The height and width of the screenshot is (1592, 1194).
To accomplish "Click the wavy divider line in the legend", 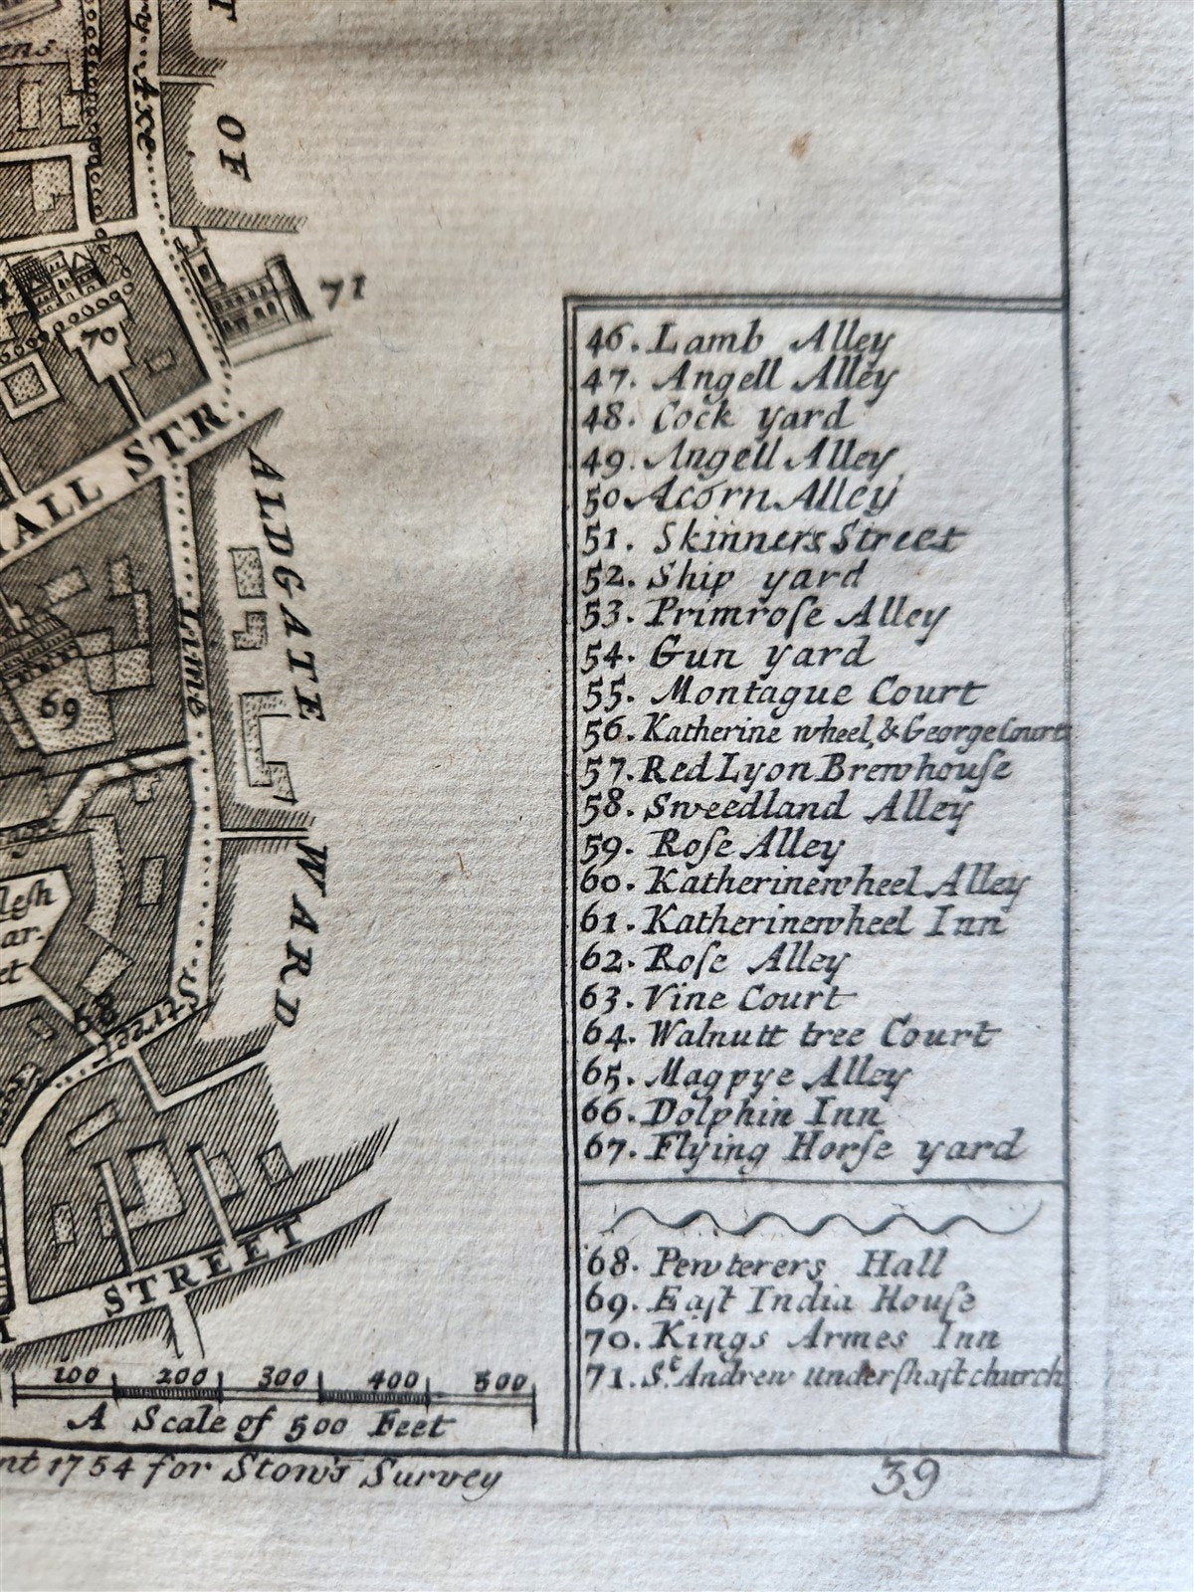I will tap(826, 1216).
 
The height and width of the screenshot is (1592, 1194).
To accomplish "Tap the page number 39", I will tap(904, 1480).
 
